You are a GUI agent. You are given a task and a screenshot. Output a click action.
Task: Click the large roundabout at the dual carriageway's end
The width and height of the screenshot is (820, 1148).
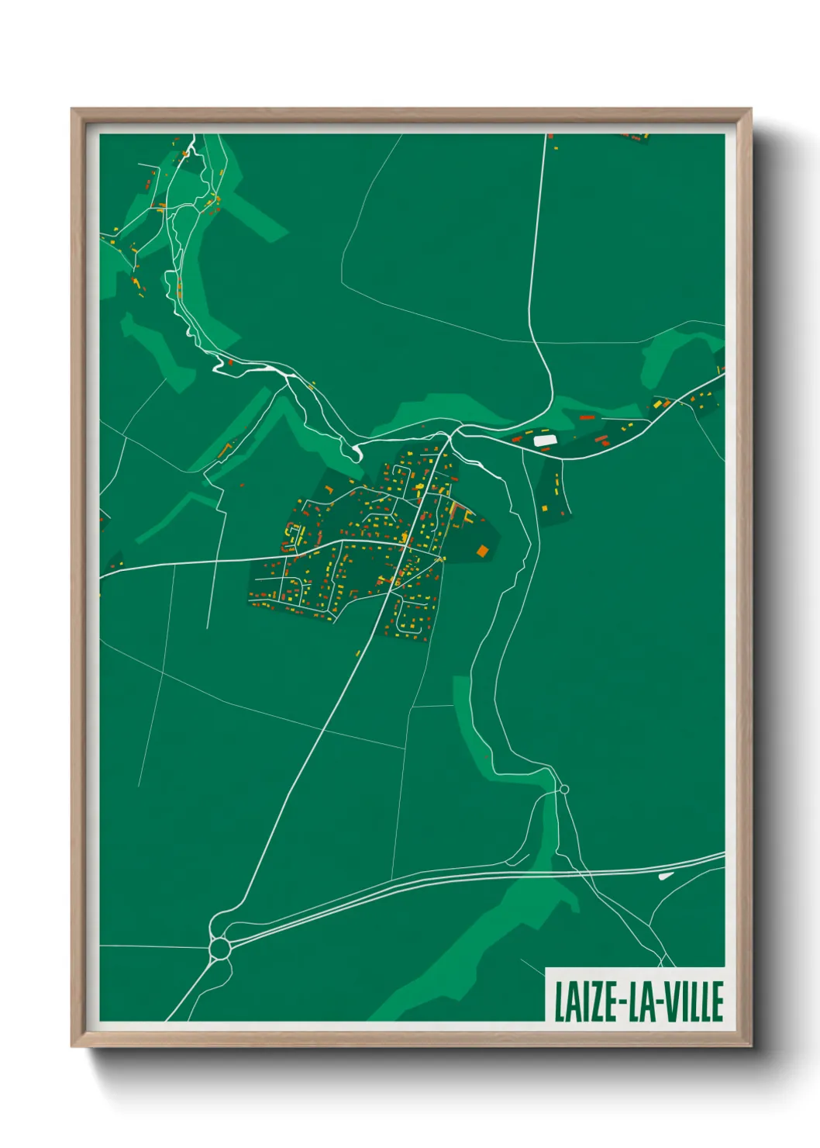pos(220,948)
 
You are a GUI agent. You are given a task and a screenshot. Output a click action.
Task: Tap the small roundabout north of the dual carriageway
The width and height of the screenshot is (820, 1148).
pos(563,790)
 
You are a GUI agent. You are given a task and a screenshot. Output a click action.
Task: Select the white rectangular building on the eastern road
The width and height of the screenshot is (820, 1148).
pos(545,441)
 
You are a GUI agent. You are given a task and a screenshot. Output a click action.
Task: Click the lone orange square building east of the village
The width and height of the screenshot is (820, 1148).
pos(483,552)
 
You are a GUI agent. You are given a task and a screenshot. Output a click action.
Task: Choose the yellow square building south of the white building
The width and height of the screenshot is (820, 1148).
pos(544,508)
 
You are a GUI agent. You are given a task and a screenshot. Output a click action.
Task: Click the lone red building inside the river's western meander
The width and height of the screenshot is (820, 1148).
pos(230,361)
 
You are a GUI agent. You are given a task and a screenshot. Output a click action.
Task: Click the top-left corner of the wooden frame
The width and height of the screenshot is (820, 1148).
pos(72,109)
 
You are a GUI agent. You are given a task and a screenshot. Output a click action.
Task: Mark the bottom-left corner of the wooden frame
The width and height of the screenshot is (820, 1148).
pos(72,1046)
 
